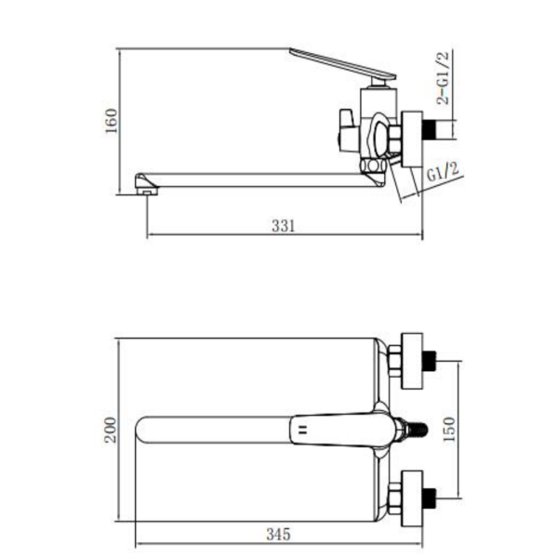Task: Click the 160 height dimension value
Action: click(112, 121)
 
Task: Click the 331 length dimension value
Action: click(284, 226)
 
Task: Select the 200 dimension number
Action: click(111, 430)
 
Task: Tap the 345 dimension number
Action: click(278, 534)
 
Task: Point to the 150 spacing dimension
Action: click(449, 429)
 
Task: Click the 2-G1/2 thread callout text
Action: click(443, 77)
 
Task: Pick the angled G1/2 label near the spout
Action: click(443, 171)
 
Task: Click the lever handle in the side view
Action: click(342, 64)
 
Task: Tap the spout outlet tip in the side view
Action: click(146, 184)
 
